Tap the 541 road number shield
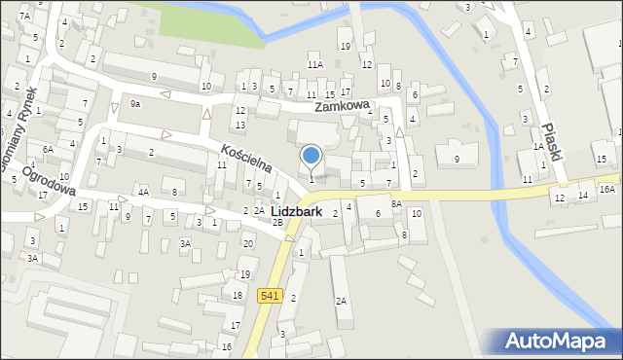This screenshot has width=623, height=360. click(270, 295)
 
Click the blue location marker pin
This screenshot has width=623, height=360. click(311, 156)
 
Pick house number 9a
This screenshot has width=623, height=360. click(135, 103)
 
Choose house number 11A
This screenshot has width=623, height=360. click(315, 64)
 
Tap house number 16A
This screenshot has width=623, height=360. click(607, 190)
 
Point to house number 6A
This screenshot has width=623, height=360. click(48, 149)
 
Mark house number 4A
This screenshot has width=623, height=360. click(143, 192)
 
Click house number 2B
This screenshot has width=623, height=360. click(277, 223)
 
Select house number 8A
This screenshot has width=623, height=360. click(396, 203)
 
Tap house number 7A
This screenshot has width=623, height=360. click(24, 17)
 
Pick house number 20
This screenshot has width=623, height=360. click(248, 243)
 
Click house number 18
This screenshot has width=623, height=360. click(238, 295)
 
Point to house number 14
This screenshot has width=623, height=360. click(582, 196)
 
